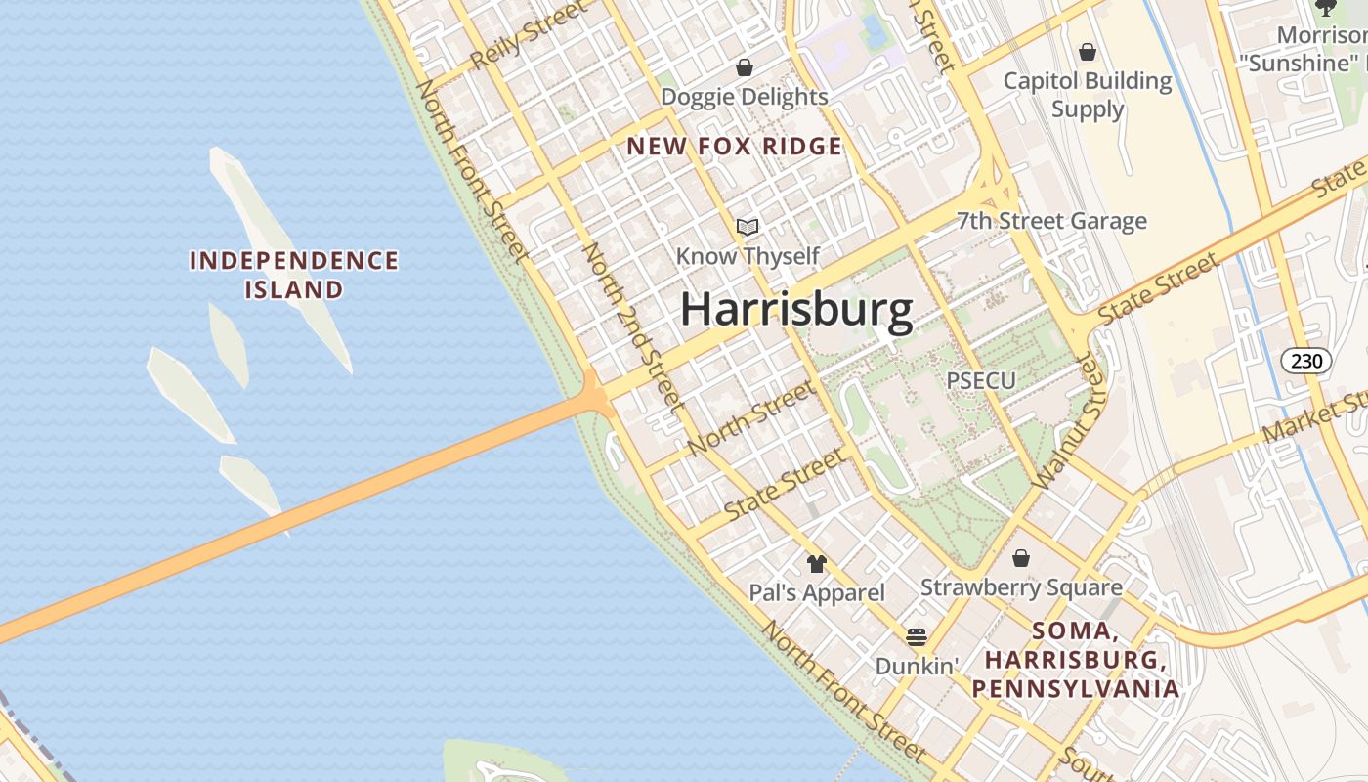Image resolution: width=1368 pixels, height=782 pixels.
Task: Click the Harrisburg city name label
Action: click(x=796, y=309)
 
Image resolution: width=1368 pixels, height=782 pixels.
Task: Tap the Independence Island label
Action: click(x=293, y=275)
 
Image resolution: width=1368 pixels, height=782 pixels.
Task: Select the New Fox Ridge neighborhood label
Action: click(x=734, y=147)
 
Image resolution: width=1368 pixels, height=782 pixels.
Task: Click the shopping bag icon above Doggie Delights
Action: click(x=745, y=67)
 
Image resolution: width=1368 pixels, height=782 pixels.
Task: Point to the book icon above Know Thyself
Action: click(x=748, y=227)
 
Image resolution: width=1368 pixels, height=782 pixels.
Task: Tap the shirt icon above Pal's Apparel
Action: click(x=817, y=563)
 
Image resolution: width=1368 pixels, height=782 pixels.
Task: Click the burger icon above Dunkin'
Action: click(x=917, y=637)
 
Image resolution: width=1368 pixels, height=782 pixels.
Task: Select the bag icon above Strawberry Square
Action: click(x=1021, y=558)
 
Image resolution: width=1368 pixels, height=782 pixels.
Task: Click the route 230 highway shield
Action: click(x=1305, y=361)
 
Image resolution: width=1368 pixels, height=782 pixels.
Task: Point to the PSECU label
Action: click(x=981, y=380)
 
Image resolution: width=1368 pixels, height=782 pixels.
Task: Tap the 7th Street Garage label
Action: click(x=1051, y=222)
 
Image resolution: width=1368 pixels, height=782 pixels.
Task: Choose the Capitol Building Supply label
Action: click(x=1088, y=95)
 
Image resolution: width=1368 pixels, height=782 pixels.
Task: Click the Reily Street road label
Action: click(x=528, y=35)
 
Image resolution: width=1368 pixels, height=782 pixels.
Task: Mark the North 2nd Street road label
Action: click(x=631, y=325)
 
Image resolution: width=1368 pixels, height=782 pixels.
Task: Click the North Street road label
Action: click(x=749, y=419)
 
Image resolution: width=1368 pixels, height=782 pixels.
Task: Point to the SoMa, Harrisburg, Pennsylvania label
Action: click(x=1075, y=660)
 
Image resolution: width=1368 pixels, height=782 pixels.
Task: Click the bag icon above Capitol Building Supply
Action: click(x=1088, y=51)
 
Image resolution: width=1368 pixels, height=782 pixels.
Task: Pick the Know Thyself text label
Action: click(x=748, y=256)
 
